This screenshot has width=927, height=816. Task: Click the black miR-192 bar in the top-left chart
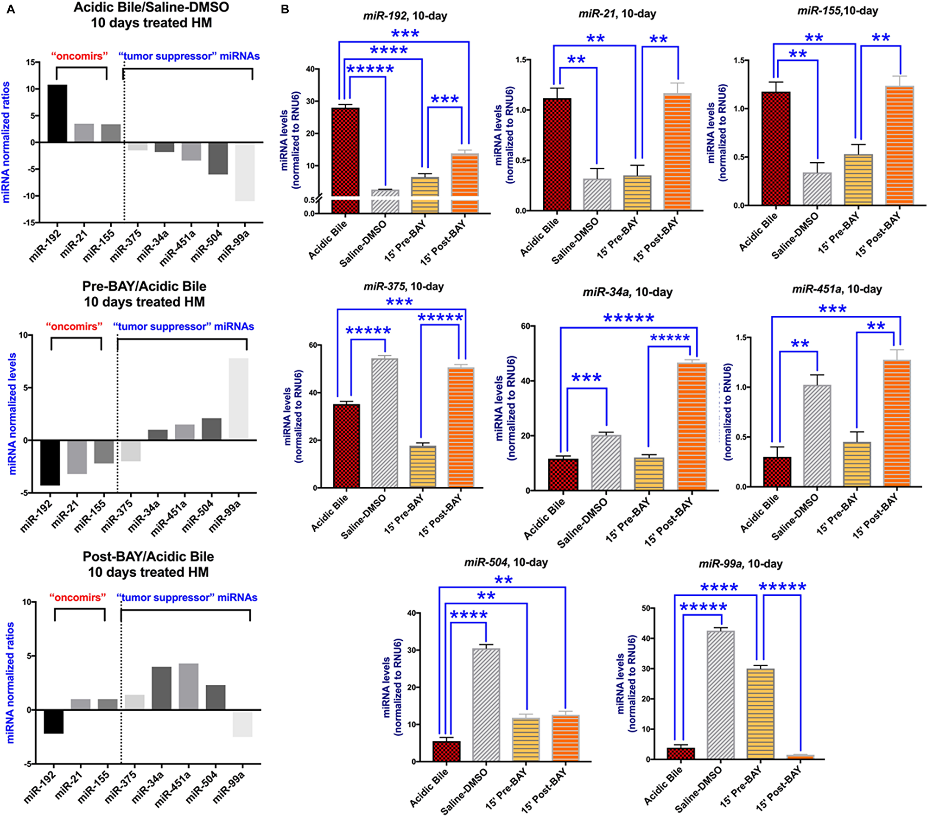point(57,114)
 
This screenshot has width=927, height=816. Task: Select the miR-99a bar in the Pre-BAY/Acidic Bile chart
point(238,398)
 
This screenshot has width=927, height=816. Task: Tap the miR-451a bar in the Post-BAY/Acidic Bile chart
point(189,686)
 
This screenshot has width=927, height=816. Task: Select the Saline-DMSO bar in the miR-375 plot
point(385,422)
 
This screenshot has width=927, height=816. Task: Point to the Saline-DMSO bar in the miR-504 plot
point(486,704)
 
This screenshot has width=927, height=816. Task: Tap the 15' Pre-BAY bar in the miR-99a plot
point(761,713)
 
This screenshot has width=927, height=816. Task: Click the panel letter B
point(285,9)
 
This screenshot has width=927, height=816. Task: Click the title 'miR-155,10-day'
point(838,11)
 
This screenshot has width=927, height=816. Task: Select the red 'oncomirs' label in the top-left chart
point(79,56)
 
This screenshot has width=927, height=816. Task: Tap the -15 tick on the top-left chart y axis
point(29,223)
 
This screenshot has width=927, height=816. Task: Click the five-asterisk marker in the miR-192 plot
point(370,70)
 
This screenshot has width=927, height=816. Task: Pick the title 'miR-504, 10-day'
point(506,562)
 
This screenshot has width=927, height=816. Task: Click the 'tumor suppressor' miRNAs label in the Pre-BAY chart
point(184,326)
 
